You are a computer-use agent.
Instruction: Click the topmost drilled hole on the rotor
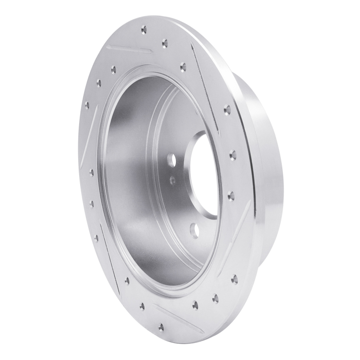point(143,30)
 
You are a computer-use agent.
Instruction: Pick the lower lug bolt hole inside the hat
point(194,229)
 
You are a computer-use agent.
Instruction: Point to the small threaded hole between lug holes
point(172,179)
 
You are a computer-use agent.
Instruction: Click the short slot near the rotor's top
point(130,49)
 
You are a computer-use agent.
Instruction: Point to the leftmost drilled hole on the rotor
point(87,105)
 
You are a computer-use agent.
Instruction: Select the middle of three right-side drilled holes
point(232,155)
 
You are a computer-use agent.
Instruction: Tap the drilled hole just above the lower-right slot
point(231,195)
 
